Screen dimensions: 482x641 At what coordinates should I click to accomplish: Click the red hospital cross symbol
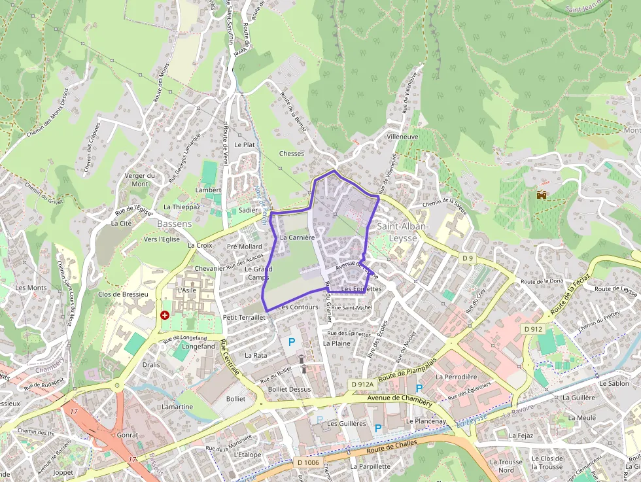coord(164,315)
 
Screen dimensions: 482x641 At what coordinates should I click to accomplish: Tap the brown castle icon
coord(542,194)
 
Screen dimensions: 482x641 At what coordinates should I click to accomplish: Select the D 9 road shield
coord(467,258)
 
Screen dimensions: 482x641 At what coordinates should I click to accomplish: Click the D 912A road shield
coord(362,385)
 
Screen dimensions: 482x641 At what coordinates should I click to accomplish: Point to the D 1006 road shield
coord(308,462)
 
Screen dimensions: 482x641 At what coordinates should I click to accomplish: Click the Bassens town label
coord(175,224)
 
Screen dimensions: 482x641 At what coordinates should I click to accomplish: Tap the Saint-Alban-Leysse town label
coord(402,232)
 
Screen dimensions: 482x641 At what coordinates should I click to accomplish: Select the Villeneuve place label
coord(402,137)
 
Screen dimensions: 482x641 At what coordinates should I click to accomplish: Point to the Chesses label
coord(292,154)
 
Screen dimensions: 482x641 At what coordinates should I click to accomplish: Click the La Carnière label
coord(298,237)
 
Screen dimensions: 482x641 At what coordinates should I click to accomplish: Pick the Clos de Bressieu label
coord(123,294)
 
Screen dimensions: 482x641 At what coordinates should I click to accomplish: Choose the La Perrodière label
coord(457,377)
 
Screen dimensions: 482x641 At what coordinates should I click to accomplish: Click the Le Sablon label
coord(614,383)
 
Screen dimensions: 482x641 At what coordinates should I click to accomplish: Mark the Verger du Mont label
coord(140,179)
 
